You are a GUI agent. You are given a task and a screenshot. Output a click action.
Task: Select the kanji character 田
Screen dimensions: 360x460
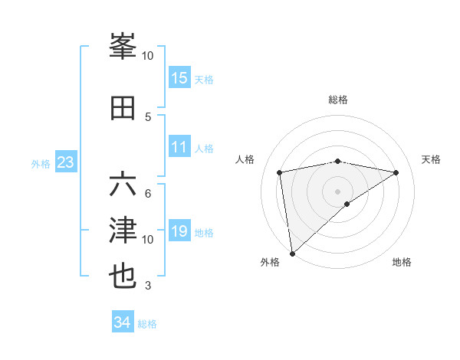coord(123,106)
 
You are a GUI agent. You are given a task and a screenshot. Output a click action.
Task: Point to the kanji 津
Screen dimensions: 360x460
coord(123,230)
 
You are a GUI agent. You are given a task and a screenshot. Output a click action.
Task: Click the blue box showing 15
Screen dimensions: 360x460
coord(179,77)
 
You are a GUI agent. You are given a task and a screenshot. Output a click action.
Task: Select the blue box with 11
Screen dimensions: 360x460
coord(179,147)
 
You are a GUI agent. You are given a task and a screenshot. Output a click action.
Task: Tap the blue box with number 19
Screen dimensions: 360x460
coord(179,231)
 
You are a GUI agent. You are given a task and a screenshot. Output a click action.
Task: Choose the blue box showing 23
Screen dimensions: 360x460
coord(65,162)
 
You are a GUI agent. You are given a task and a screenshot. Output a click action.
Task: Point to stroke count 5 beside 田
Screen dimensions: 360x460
coord(148,116)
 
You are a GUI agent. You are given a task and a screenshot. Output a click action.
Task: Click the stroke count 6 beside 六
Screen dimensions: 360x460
coord(148,193)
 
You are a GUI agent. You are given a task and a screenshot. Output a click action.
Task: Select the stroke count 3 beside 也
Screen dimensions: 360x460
coord(148,286)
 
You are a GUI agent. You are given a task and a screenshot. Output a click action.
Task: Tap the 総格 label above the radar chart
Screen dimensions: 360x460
coord(337,100)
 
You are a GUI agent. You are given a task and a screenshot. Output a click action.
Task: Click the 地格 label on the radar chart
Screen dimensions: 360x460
coord(402,263)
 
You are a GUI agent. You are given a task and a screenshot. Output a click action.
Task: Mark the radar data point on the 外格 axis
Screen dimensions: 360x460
coord(292,253)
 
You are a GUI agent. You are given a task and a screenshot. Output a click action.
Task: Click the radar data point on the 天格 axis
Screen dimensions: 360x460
coord(396,172)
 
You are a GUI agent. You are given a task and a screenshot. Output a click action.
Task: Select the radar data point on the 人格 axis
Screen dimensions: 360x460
coord(280,172)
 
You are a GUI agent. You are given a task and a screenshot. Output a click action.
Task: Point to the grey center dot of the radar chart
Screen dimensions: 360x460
coord(337,191)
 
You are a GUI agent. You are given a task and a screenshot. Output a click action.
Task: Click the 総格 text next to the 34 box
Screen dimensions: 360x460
coord(147,324)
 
